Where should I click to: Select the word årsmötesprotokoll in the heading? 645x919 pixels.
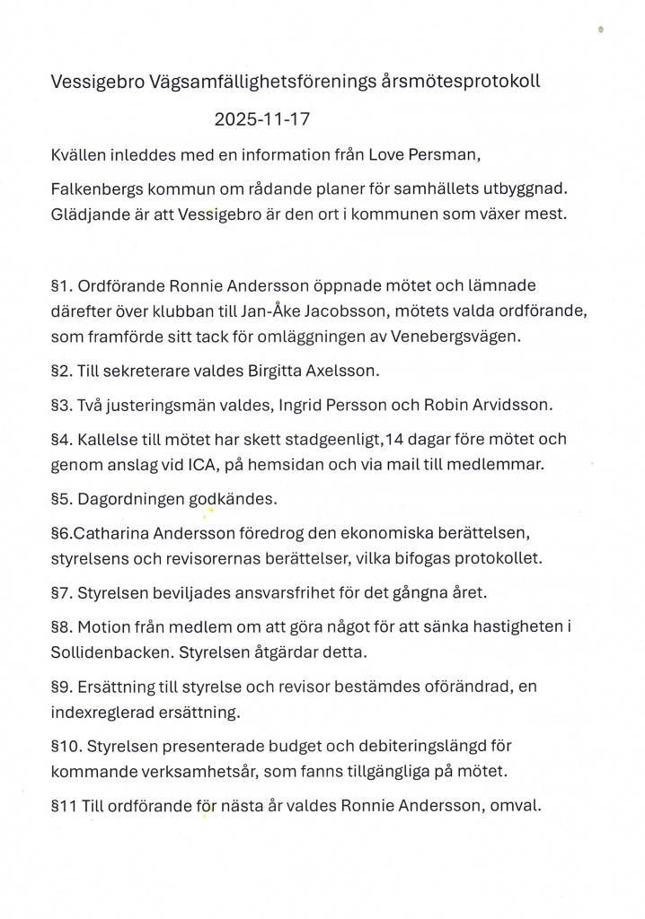[x=462, y=82]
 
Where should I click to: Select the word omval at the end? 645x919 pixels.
[x=517, y=805]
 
